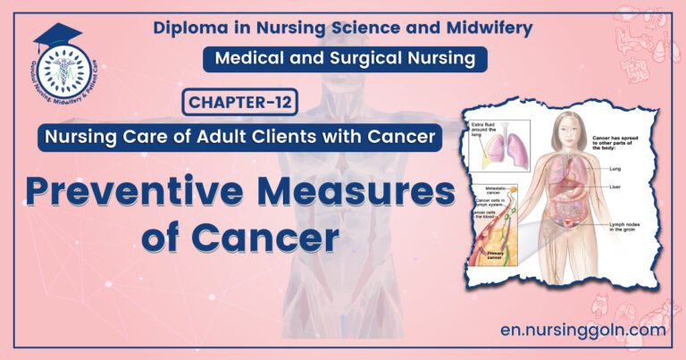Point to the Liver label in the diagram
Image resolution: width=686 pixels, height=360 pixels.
615,188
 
